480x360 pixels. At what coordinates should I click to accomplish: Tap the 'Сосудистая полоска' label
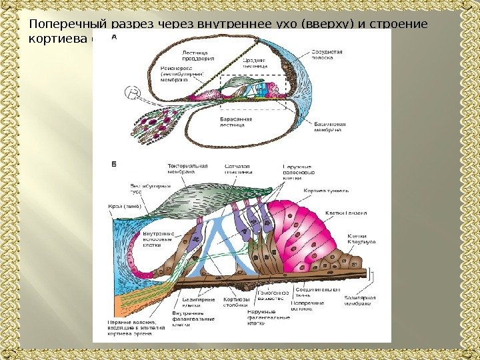coord(327,54)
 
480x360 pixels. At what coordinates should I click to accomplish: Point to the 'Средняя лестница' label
coord(255,62)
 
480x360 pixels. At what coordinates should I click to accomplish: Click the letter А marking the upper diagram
coord(114,39)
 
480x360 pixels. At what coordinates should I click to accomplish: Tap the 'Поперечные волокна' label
coord(307,306)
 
